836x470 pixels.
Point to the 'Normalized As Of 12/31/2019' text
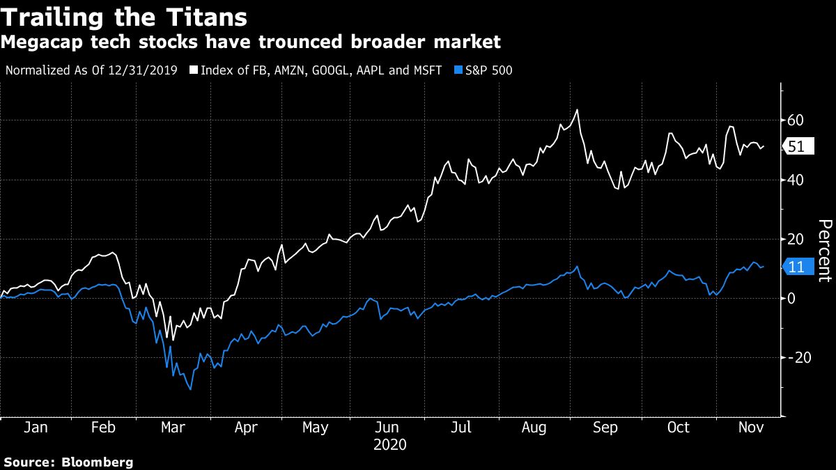[91, 70]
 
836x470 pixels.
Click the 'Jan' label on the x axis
[35, 428]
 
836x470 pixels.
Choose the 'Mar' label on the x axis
[172, 428]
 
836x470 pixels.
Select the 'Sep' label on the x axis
[605, 428]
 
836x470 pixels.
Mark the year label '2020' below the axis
[390, 444]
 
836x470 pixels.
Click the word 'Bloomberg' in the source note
[98, 462]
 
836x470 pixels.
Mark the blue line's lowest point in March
[190, 389]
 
